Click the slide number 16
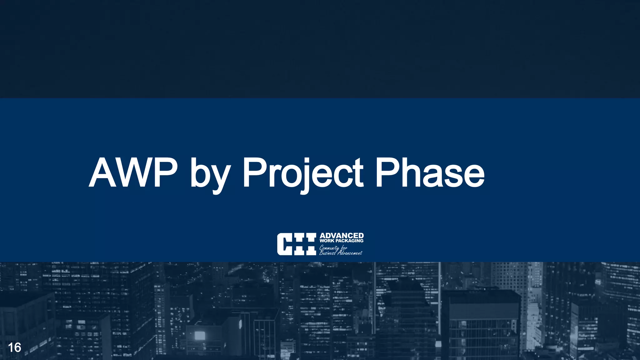14,347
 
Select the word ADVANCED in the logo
342,236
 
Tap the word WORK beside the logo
327,241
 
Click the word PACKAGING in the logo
349,241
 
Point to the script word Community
329,248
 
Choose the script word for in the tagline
344,248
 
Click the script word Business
327,253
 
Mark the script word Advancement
350,253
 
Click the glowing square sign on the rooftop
199,336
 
